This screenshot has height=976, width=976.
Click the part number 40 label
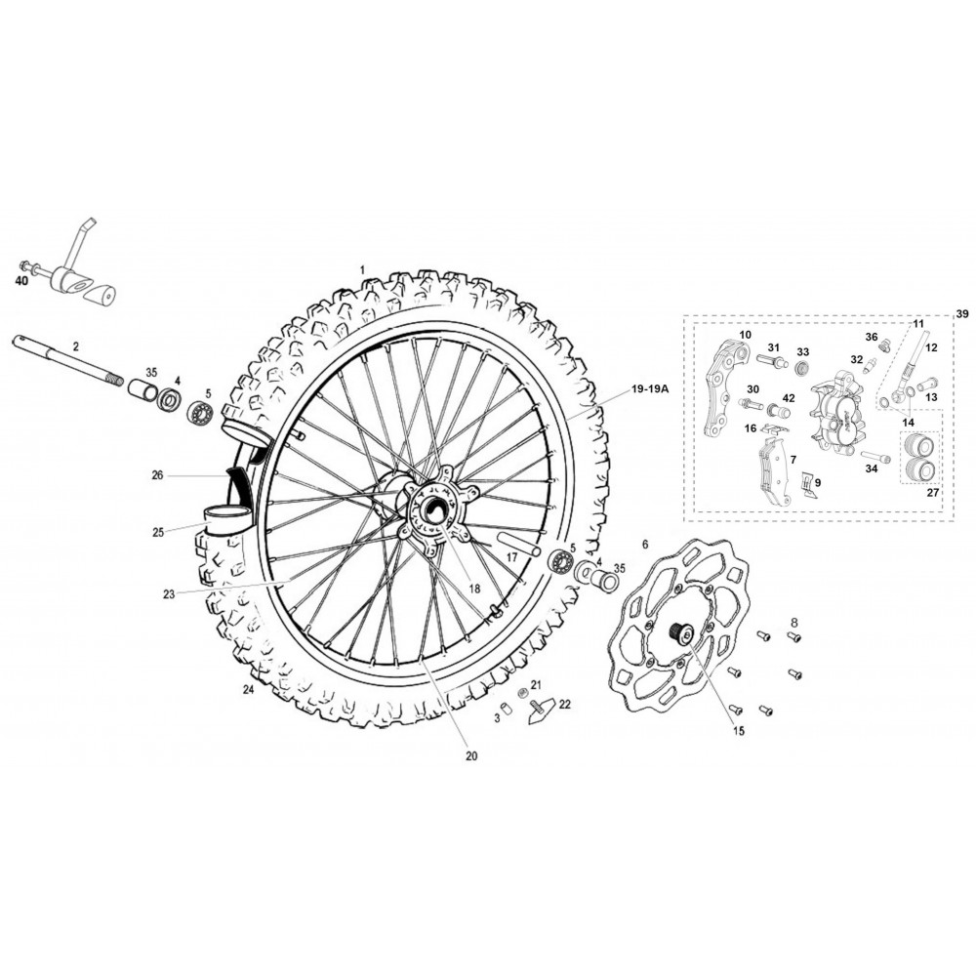pyautogui.click(x=21, y=281)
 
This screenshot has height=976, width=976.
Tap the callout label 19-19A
pyautogui.click(x=649, y=389)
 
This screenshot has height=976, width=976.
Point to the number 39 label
pyautogui.click(x=962, y=312)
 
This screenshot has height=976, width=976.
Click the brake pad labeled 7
pyautogui.click(x=772, y=471)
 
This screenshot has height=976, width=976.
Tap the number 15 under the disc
pyautogui.click(x=738, y=731)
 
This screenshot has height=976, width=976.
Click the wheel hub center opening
pyautogui.click(x=432, y=511)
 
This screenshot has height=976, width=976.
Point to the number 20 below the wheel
pyautogui.click(x=471, y=756)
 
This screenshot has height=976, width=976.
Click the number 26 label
pyautogui.click(x=157, y=475)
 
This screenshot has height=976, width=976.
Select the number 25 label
pyautogui.click(x=158, y=532)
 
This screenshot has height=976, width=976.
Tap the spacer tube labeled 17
pyautogui.click(x=518, y=544)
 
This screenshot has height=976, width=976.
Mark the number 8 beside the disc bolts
pyautogui.click(x=793, y=621)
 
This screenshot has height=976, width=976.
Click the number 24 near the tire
pyautogui.click(x=249, y=690)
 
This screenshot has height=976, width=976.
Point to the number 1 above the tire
pyautogui.click(x=362, y=269)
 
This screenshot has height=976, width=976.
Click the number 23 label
pyautogui.click(x=169, y=594)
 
